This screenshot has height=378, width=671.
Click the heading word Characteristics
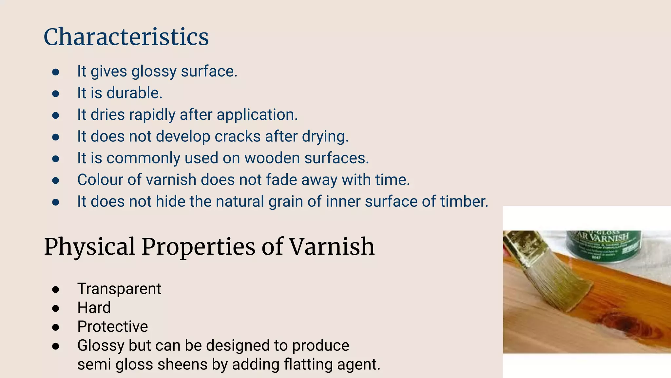(126, 37)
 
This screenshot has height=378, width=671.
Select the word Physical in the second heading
(89, 247)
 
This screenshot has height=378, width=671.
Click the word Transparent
(119, 289)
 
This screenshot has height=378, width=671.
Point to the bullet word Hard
(94, 308)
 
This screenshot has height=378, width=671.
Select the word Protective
(113, 326)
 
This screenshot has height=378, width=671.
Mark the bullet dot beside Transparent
(56, 289)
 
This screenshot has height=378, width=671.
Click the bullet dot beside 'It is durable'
(56, 94)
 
